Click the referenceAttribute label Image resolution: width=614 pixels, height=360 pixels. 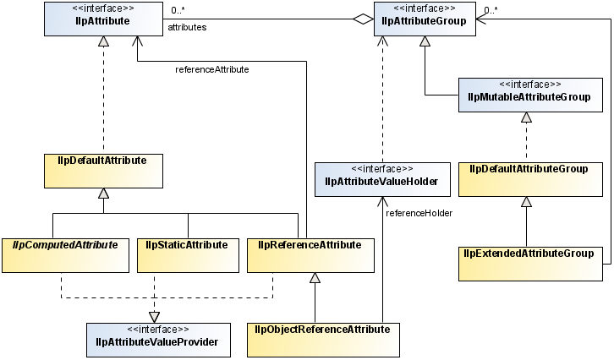pos(211,69)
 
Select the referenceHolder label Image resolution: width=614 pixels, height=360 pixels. pos(419,213)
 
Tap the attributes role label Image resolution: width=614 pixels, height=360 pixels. pos(187,28)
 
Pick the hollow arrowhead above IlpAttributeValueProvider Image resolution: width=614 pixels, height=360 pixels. pos(154,316)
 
